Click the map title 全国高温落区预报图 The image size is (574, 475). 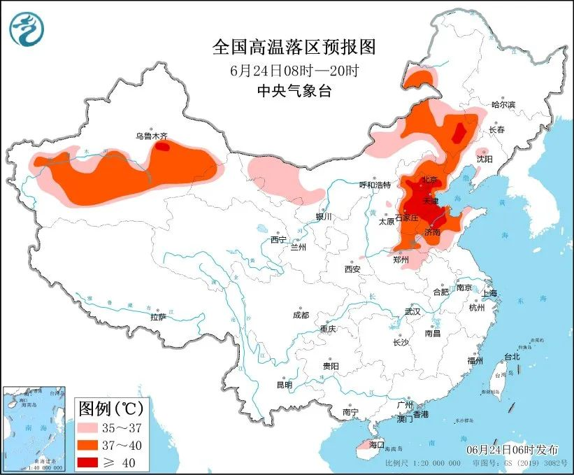[x=294, y=47]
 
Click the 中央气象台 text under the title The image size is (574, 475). [x=294, y=91]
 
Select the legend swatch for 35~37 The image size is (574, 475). [x=90, y=426]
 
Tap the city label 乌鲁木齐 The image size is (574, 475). [x=152, y=137]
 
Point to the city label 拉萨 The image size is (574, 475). [x=157, y=317]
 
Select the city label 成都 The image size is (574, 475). [x=301, y=315]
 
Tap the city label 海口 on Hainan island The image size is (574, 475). [x=377, y=444]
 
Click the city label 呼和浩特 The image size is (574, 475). [x=375, y=185]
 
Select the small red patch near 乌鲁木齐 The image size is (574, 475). [x=162, y=147]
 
